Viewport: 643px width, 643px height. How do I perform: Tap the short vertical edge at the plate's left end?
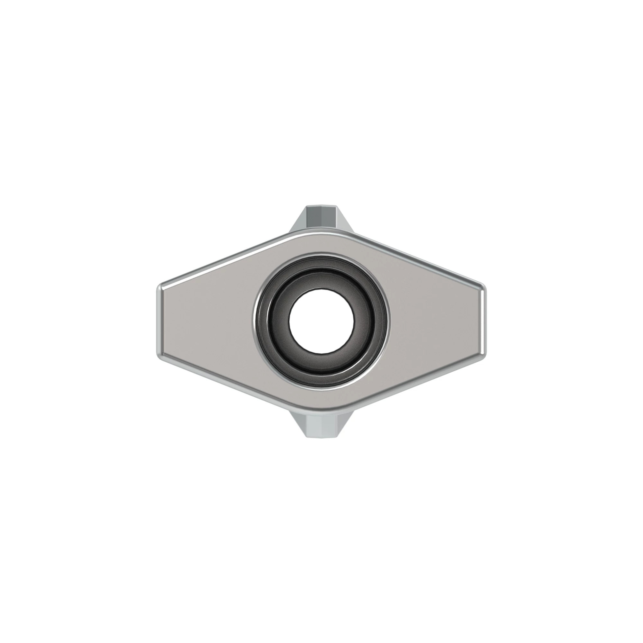click(159, 321)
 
